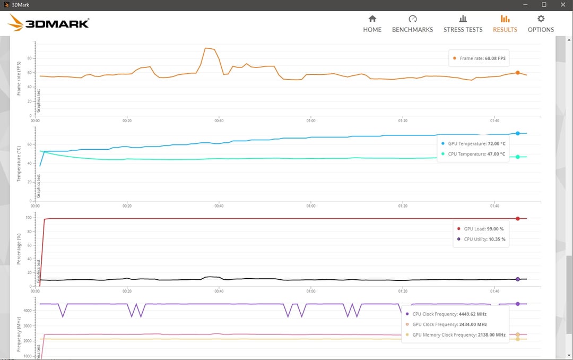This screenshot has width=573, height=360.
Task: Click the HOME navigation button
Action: coord(372,24)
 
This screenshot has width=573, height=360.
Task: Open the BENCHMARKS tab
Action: coord(412,24)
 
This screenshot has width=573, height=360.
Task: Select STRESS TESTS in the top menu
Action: coord(463,24)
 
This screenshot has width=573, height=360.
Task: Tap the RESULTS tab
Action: coord(505,24)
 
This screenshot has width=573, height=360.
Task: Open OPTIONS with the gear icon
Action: coord(541,24)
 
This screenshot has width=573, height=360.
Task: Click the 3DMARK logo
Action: coord(48,23)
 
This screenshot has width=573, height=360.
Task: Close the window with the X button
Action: coord(563,5)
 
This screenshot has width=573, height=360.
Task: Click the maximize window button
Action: coord(544,5)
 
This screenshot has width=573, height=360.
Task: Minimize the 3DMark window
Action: coord(525,5)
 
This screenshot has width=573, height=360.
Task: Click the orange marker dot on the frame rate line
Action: coord(517,73)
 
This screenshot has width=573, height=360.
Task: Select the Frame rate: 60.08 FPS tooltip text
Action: coord(482,58)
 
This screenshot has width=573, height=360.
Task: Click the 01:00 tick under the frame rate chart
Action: coord(310,121)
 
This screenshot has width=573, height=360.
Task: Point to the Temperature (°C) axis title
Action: coord(19,164)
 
